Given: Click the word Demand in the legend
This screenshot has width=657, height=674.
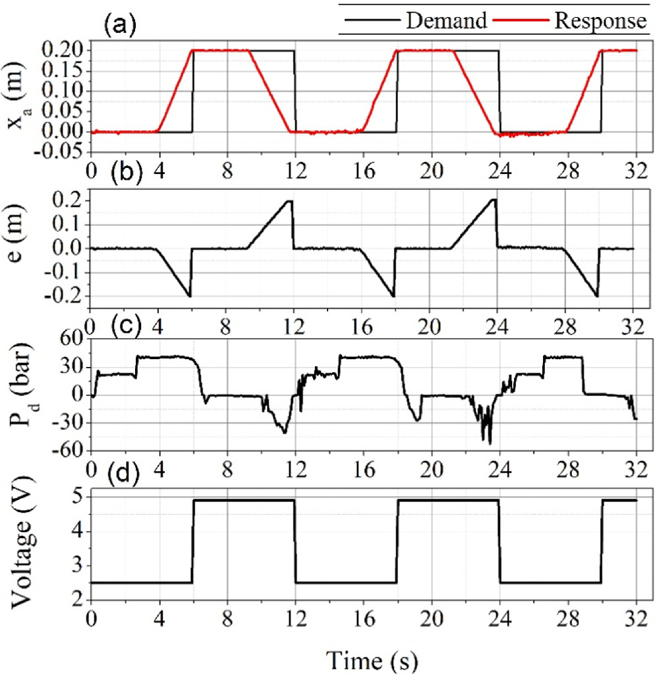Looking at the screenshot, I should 447,21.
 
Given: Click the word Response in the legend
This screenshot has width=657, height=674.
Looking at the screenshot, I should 598,21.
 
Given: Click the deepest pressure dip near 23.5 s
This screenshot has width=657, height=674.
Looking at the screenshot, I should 490,443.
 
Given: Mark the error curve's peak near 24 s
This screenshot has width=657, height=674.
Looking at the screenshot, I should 495,200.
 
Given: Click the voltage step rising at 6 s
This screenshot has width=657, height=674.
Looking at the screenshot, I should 192,540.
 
